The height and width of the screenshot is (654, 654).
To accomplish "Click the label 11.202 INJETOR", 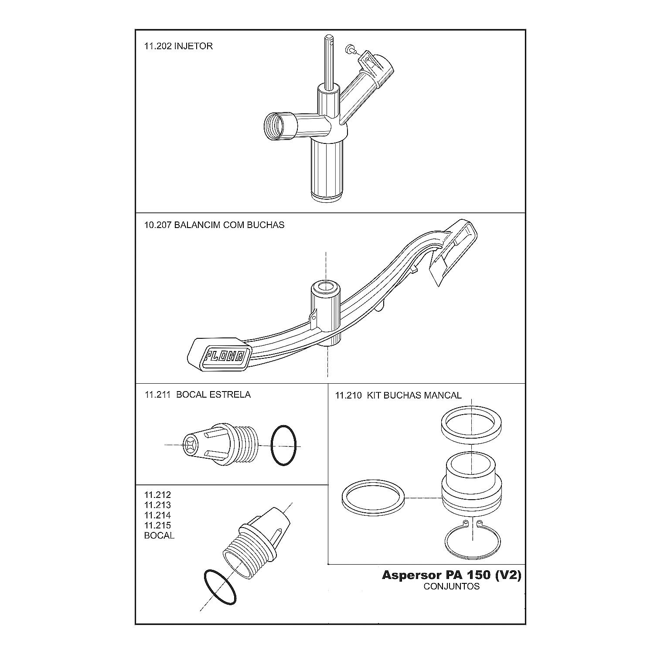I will pyautogui.click(x=178, y=46).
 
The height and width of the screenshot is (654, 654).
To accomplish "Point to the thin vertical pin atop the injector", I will pyautogui.click(x=328, y=61).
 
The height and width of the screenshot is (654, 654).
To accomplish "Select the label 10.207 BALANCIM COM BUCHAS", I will pyautogui.click(x=214, y=225).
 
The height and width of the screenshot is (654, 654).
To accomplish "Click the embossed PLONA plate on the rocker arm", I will pyautogui.click(x=225, y=355).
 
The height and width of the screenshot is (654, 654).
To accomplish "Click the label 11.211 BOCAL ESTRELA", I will pyautogui.click(x=198, y=395).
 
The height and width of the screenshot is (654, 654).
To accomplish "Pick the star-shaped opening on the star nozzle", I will pyautogui.click(x=191, y=445).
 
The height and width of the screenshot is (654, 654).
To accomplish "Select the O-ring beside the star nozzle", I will pyautogui.click(x=284, y=446).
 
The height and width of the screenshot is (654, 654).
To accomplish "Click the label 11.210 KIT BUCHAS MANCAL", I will pyautogui.click(x=398, y=395).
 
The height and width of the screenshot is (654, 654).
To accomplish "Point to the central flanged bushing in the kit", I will pyautogui.click(x=471, y=484).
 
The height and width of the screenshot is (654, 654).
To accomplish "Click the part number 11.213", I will pyautogui.click(x=157, y=505).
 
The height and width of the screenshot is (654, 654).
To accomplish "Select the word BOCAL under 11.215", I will pyautogui.click(x=159, y=535).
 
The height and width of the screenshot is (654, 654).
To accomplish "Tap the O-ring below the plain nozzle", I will pyautogui.click(x=220, y=587).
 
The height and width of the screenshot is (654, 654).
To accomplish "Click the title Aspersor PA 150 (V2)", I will pyautogui.click(x=451, y=575).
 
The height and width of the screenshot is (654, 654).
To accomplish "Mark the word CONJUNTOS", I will pyautogui.click(x=451, y=586).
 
